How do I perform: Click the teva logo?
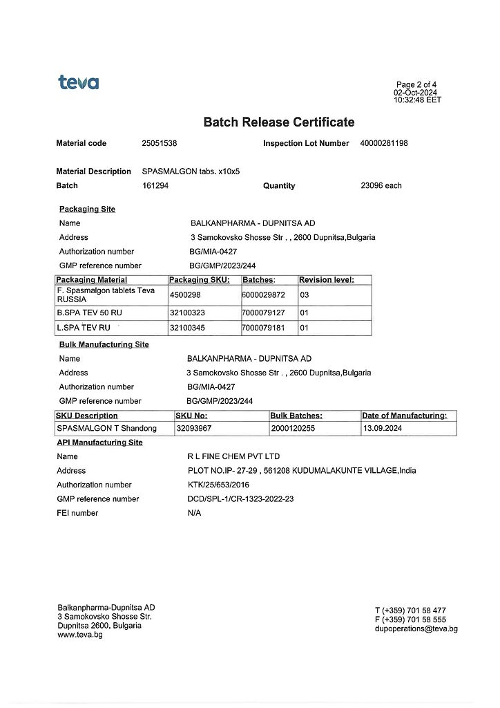[x=78, y=83]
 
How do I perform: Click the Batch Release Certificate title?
[x=279, y=122]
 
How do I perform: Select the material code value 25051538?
[x=160, y=143]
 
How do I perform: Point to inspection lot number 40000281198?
[x=384, y=143]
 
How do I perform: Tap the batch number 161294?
[x=155, y=185]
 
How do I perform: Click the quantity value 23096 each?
[x=381, y=185]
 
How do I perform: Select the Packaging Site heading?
[x=87, y=209]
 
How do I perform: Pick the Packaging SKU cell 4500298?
[x=185, y=295]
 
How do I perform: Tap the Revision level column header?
[x=326, y=280]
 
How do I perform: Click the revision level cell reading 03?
[x=305, y=295]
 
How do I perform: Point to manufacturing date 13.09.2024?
[x=381, y=429]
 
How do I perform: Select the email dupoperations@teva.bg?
[x=416, y=628]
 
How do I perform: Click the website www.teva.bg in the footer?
[x=80, y=635]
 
